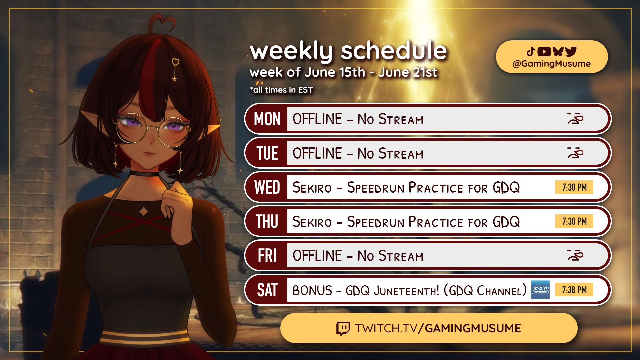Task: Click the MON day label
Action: click(x=267, y=119)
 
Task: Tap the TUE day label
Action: click(x=267, y=153)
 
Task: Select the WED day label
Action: click(x=267, y=187)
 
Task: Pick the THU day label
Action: click(x=267, y=222)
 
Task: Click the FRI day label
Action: click(x=267, y=256)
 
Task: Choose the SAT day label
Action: click(x=267, y=290)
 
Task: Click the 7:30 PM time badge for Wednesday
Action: click(x=574, y=187)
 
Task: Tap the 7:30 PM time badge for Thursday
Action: click(x=574, y=221)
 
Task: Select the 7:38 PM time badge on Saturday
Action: click(x=574, y=290)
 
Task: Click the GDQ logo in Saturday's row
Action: click(x=540, y=290)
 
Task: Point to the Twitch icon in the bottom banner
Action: click(x=343, y=328)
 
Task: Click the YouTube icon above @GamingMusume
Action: click(x=544, y=52)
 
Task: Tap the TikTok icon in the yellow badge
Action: click(x=531, y=52)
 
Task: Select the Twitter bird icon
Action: click(x=571, y=52)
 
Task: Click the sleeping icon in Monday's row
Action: click(x=575, y=119)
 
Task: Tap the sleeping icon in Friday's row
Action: click(x=575, y=255)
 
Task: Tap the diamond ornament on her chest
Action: click(x=144, y=211)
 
